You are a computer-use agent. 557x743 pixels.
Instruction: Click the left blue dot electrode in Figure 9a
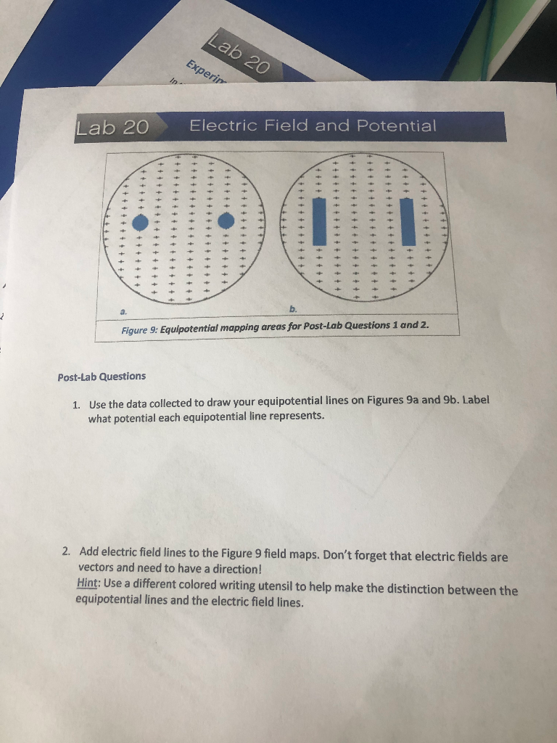point(144,221)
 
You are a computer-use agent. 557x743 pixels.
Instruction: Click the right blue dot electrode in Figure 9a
point(226,220)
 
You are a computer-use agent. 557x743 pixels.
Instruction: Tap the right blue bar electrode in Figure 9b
point(408,221)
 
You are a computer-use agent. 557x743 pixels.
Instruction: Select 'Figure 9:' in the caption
point(139,327)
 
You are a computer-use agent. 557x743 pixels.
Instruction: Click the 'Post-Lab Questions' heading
point(102,376)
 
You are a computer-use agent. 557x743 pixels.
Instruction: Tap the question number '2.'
point(67,552)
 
